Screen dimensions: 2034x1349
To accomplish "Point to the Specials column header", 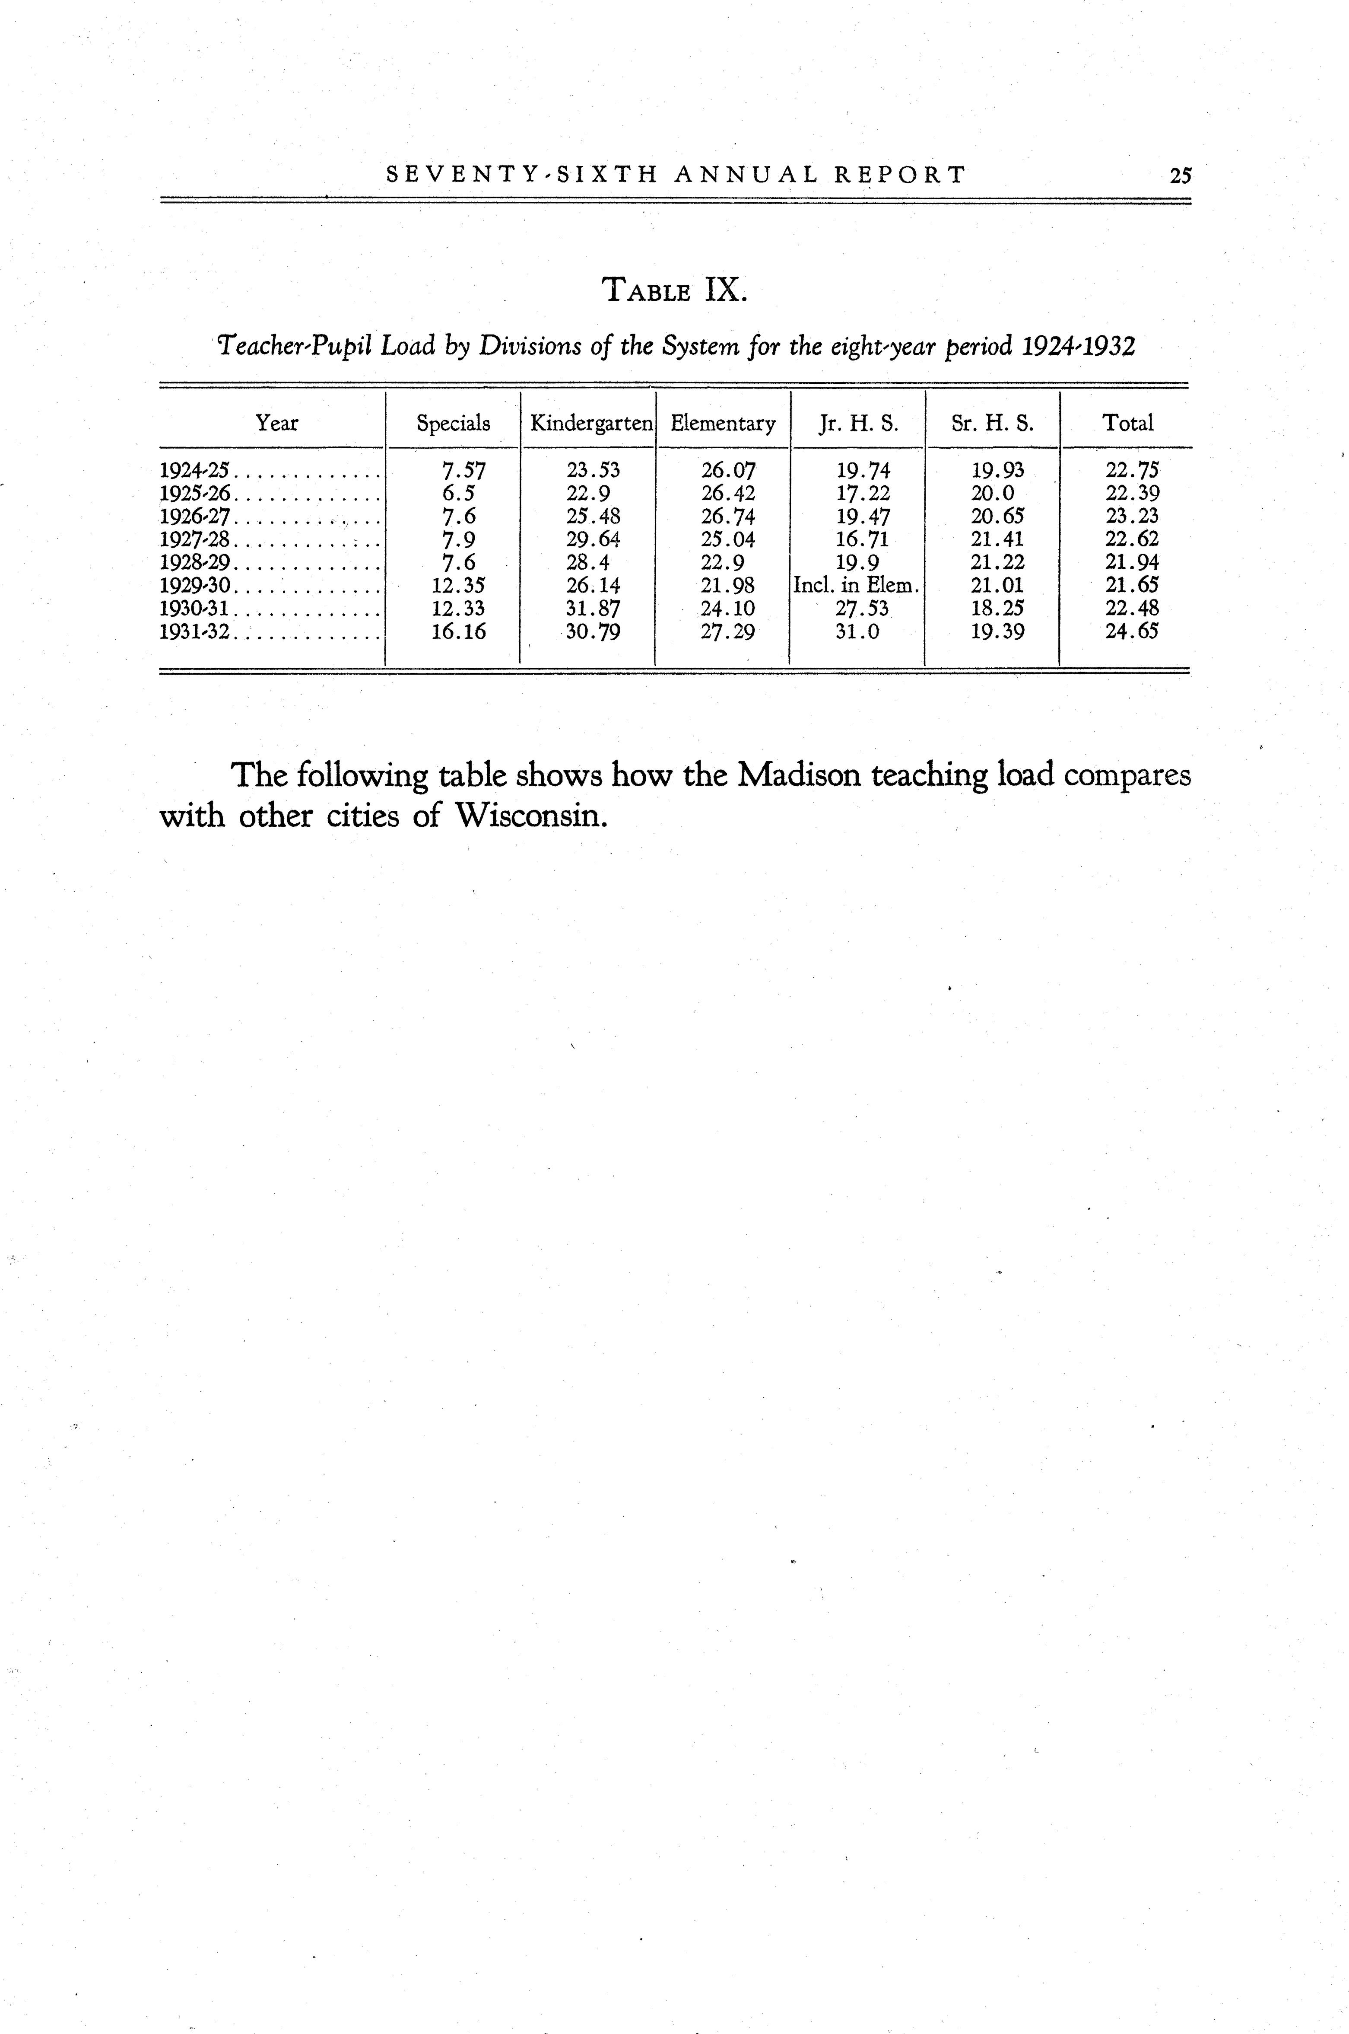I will (x=454, y=424).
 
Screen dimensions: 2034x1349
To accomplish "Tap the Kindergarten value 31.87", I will (x=593, y=609).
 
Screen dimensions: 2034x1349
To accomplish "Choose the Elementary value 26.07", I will (x=728, y=471).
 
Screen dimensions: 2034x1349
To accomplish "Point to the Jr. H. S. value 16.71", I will (x=862, y=540).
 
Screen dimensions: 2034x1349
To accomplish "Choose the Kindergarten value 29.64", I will (x=593, y=540).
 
